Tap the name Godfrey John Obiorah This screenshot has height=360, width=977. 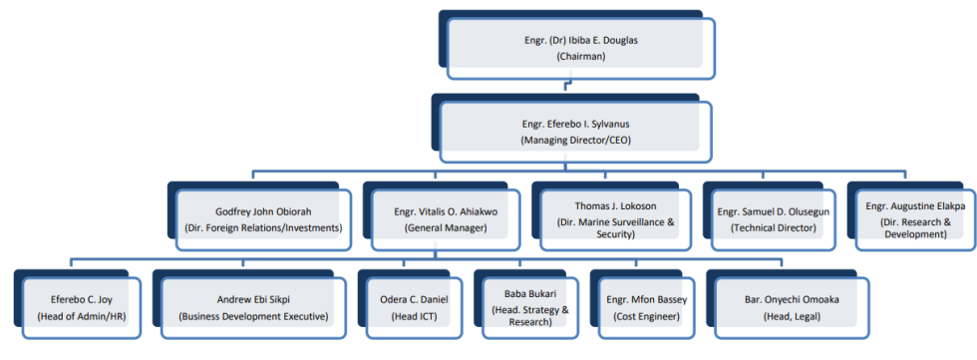tap(263, 211)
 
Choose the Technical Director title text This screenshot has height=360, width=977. tap(773, 227)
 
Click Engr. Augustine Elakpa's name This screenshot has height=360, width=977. tap(914, 205)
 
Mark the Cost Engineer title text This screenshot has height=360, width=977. tap(643, 316)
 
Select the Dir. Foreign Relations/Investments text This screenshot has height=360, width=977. tap(263, 227)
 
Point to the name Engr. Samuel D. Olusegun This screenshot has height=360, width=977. tap(773, 211)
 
